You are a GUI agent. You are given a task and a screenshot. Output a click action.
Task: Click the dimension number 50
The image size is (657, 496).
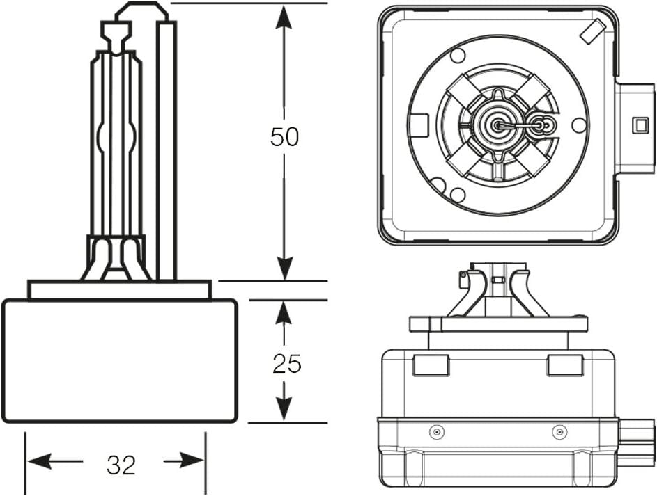click(284, 136)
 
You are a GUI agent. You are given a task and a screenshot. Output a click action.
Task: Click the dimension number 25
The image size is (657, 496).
click(287, 363)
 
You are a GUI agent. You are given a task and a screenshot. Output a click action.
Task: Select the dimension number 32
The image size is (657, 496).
click(121, 465)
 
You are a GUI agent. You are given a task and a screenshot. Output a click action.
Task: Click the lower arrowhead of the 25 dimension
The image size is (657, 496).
click(284, 407)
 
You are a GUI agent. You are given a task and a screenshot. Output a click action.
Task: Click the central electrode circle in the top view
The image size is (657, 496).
click(497, 125)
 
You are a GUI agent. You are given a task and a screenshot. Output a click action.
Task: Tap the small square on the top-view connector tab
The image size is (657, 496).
click(640, 125)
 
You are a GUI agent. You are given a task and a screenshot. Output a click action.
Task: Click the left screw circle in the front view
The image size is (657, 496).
click(436, 431)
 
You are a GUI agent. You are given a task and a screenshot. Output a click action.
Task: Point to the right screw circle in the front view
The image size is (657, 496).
click(559, 431)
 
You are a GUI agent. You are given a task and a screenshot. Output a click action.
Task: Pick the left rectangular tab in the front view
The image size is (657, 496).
click(431, 365)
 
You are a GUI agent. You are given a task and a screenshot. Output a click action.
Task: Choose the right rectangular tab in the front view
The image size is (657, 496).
click(565, 365)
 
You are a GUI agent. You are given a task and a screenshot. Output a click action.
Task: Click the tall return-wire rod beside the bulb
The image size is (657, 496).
click(167, 150)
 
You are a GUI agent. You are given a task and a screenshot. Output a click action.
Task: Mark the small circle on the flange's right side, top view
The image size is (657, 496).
click(579, 125)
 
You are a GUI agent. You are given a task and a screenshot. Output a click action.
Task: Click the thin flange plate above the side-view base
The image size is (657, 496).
click(120, 290)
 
